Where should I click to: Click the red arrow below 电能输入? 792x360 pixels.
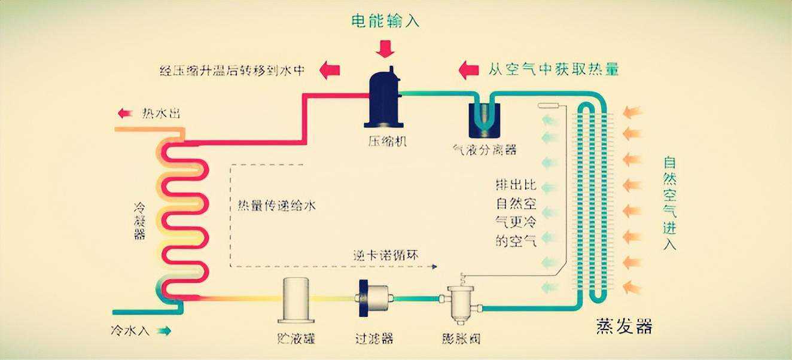[385, 48]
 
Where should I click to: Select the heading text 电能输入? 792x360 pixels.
[385, 22]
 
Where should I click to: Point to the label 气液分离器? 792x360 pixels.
[485, 150]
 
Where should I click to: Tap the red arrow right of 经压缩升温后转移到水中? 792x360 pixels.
[329, 70]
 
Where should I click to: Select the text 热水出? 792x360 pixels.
[160, 113]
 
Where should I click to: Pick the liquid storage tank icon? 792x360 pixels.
[296, 300]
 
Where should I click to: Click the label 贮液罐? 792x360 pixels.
[297, 338]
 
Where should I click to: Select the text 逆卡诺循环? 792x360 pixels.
[385, 255]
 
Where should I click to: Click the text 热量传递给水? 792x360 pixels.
[273, 206]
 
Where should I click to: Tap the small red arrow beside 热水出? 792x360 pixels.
[125, 113]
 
